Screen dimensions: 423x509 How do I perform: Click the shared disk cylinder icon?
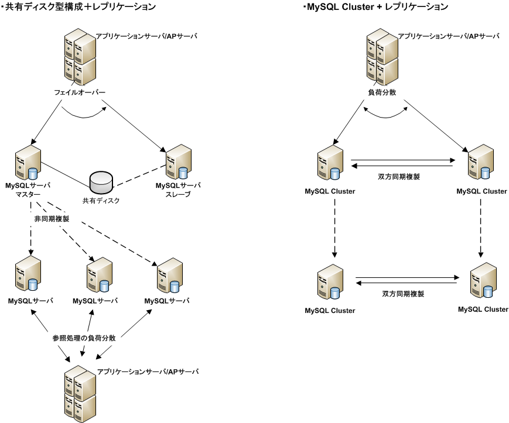pos(101,183)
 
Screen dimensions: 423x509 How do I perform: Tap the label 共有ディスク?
pos(101,201)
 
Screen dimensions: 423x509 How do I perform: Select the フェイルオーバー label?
pos(80,92)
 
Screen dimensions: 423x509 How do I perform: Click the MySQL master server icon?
pos(28,163)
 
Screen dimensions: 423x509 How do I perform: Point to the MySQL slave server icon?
pos(178,163)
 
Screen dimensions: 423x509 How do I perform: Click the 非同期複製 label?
pos(52,218)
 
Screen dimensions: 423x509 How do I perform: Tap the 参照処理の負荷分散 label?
pos(83,338)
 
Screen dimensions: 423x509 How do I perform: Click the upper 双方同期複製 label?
pos(399,176)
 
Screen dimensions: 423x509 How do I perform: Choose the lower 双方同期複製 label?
pos(403,294)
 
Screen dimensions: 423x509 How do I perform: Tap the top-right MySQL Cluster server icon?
pos(480,163)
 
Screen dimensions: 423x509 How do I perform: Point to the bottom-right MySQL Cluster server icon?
pos(484,281)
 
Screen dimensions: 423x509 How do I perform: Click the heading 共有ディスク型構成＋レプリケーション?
pos(78,7)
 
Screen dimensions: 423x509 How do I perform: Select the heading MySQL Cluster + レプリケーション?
pos(375,7)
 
